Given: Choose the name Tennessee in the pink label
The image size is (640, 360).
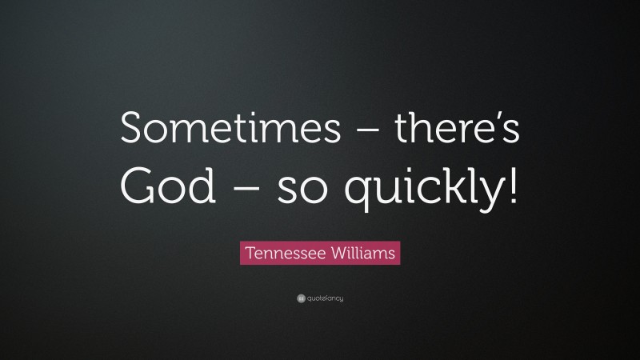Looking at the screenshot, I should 282,254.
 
